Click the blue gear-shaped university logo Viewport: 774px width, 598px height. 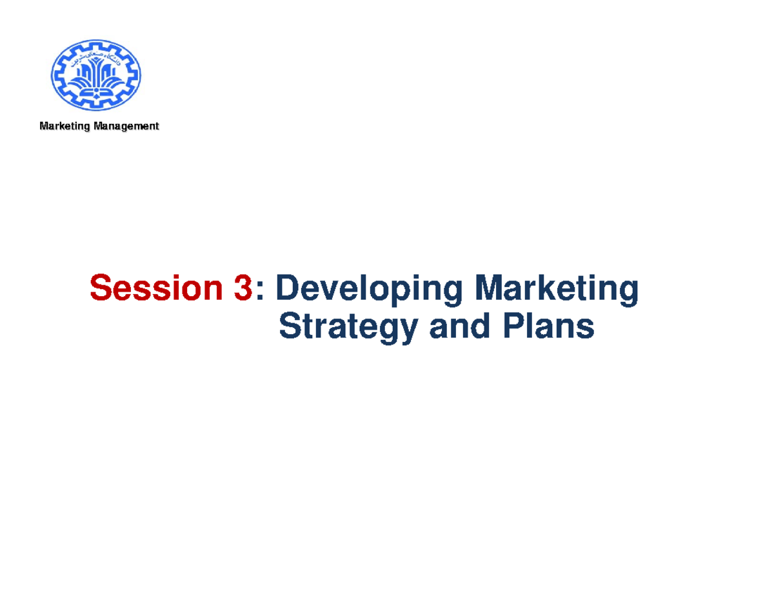pos(96,75)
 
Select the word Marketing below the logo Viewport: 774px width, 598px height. pos(64,126)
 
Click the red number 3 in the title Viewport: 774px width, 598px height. pos(243,288)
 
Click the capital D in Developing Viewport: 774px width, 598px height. pos(288,288)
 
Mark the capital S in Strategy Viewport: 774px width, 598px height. pos(290,327)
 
